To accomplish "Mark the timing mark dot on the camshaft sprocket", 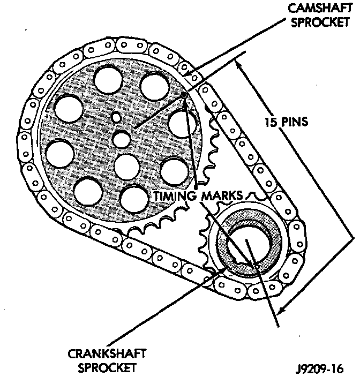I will [x=184, y=95].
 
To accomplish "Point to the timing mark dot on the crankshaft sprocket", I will [x=257, y=266].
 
